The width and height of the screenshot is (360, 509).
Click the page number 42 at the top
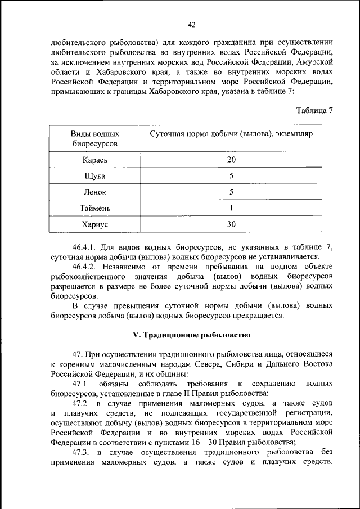click(x=191, y=24)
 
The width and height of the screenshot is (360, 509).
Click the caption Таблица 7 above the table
click(x=314, y=110)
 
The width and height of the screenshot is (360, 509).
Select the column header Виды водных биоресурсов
click(x=94, y=139)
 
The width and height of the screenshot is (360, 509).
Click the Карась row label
click(x=94, y=160)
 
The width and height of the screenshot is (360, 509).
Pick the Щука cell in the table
click(x=94, y=176)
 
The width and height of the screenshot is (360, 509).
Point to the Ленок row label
click(x=94, y=192)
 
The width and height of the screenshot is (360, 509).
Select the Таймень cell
click(x=94, y=209)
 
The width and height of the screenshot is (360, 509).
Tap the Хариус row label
click(x=94, y=224)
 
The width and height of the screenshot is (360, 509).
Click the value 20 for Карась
click(x=231, y=160)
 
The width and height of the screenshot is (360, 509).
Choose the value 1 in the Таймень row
click(x=231, y=209)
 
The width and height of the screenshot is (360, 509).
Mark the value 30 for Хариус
click(x=231, y=224)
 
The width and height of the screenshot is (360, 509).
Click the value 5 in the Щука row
click(x=231, y=176)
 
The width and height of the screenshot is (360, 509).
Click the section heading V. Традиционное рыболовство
click(x=191, y=335)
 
